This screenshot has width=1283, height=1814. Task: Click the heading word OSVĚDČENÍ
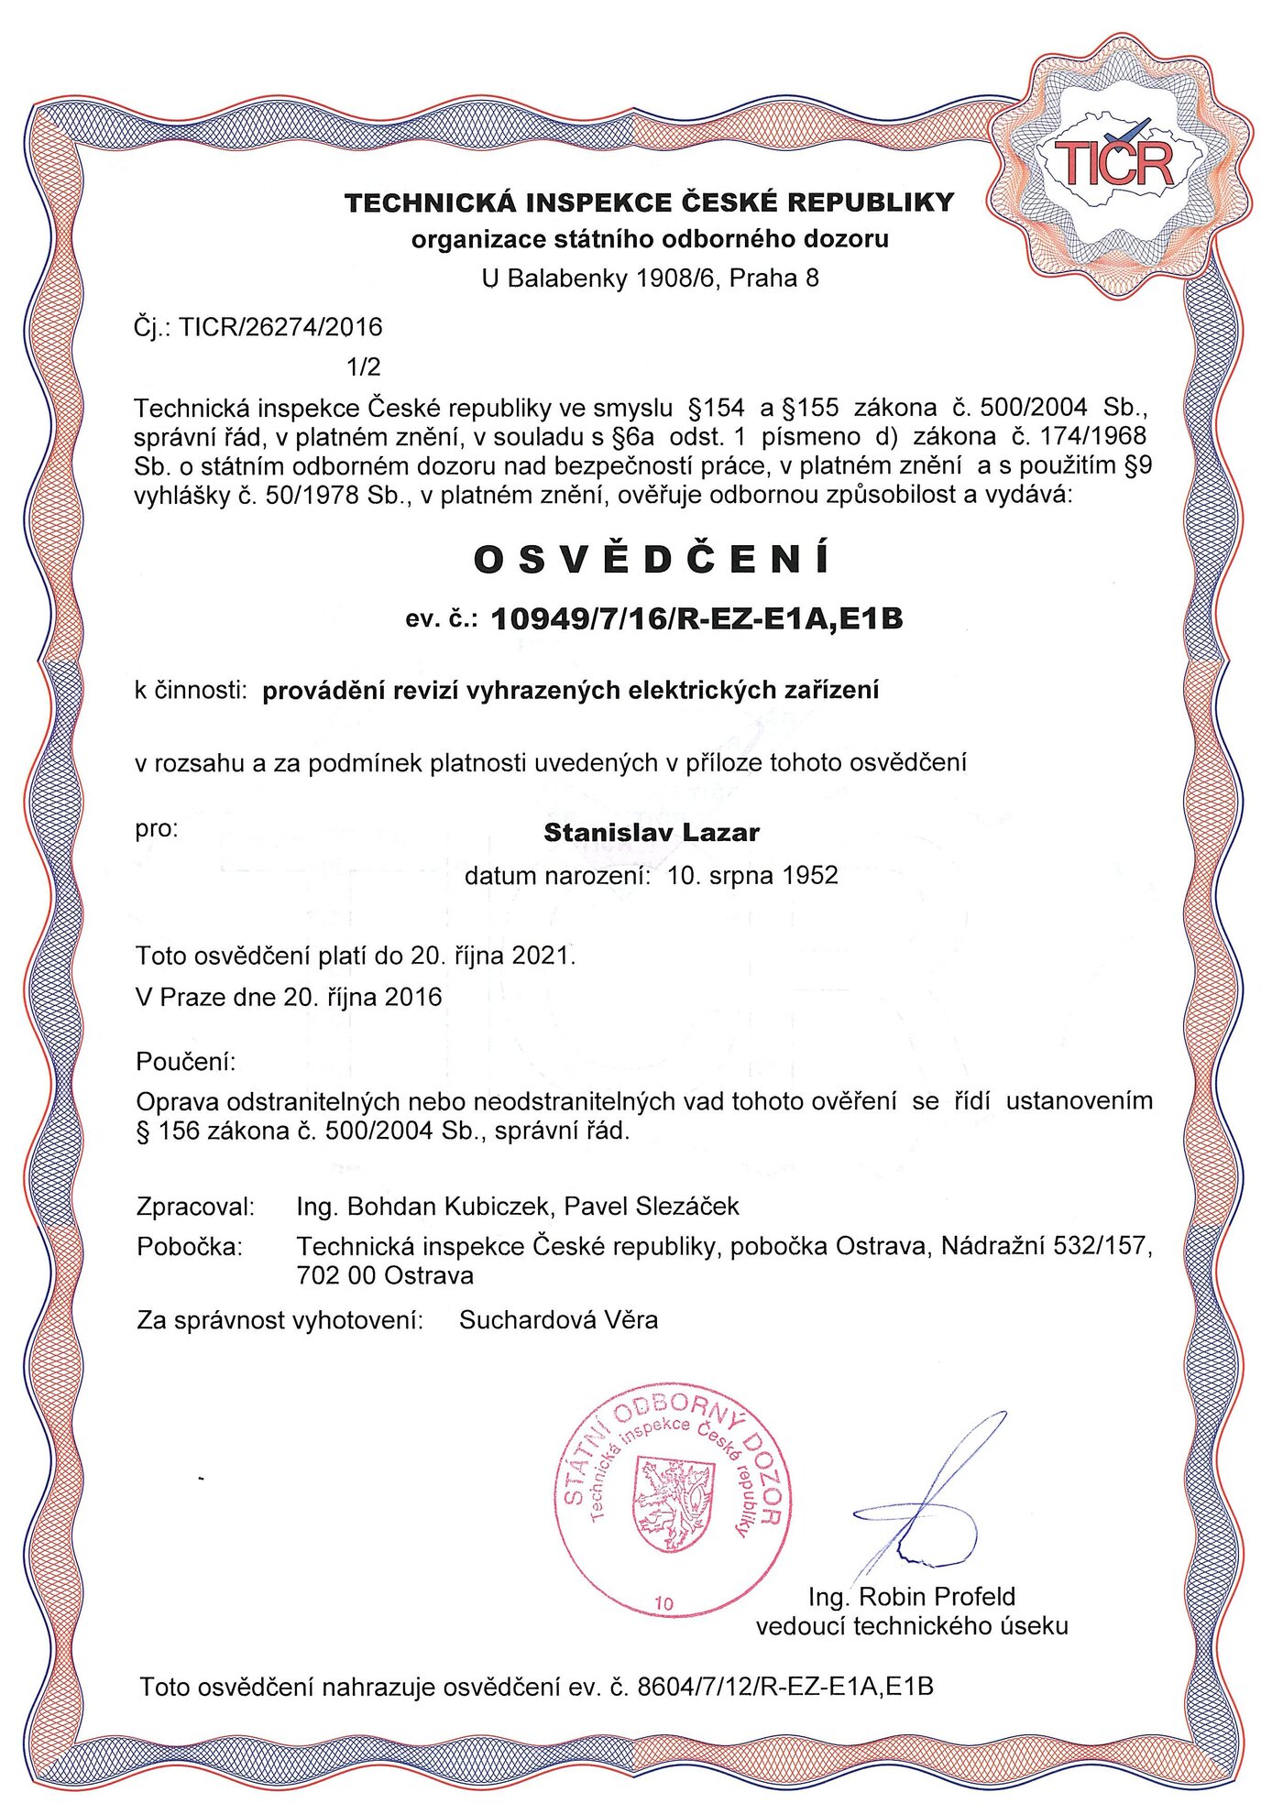click(652, 560)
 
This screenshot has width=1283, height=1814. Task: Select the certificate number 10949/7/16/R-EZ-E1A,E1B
click(697, 620)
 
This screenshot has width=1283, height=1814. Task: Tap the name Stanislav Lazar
click(652, 833)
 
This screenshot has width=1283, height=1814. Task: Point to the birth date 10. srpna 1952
click(752, 876)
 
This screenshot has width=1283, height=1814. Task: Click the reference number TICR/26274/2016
click(280, 327)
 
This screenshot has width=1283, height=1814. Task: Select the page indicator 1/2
click(364, 367)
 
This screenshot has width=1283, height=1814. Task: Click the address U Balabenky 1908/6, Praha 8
click(651, 279)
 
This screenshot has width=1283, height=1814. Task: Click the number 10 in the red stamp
click(664, 1603)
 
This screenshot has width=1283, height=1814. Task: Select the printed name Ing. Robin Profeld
click(912, 1597)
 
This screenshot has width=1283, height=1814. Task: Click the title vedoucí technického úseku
click(912, 1626)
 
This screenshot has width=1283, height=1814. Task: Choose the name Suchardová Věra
click(558, 1320)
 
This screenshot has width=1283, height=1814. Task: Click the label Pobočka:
click(190, 1247)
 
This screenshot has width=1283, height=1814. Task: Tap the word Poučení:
click(186, 1062)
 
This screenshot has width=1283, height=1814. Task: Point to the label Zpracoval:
click(195, 1207)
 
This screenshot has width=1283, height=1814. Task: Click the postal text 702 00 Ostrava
click(385, 1275)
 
